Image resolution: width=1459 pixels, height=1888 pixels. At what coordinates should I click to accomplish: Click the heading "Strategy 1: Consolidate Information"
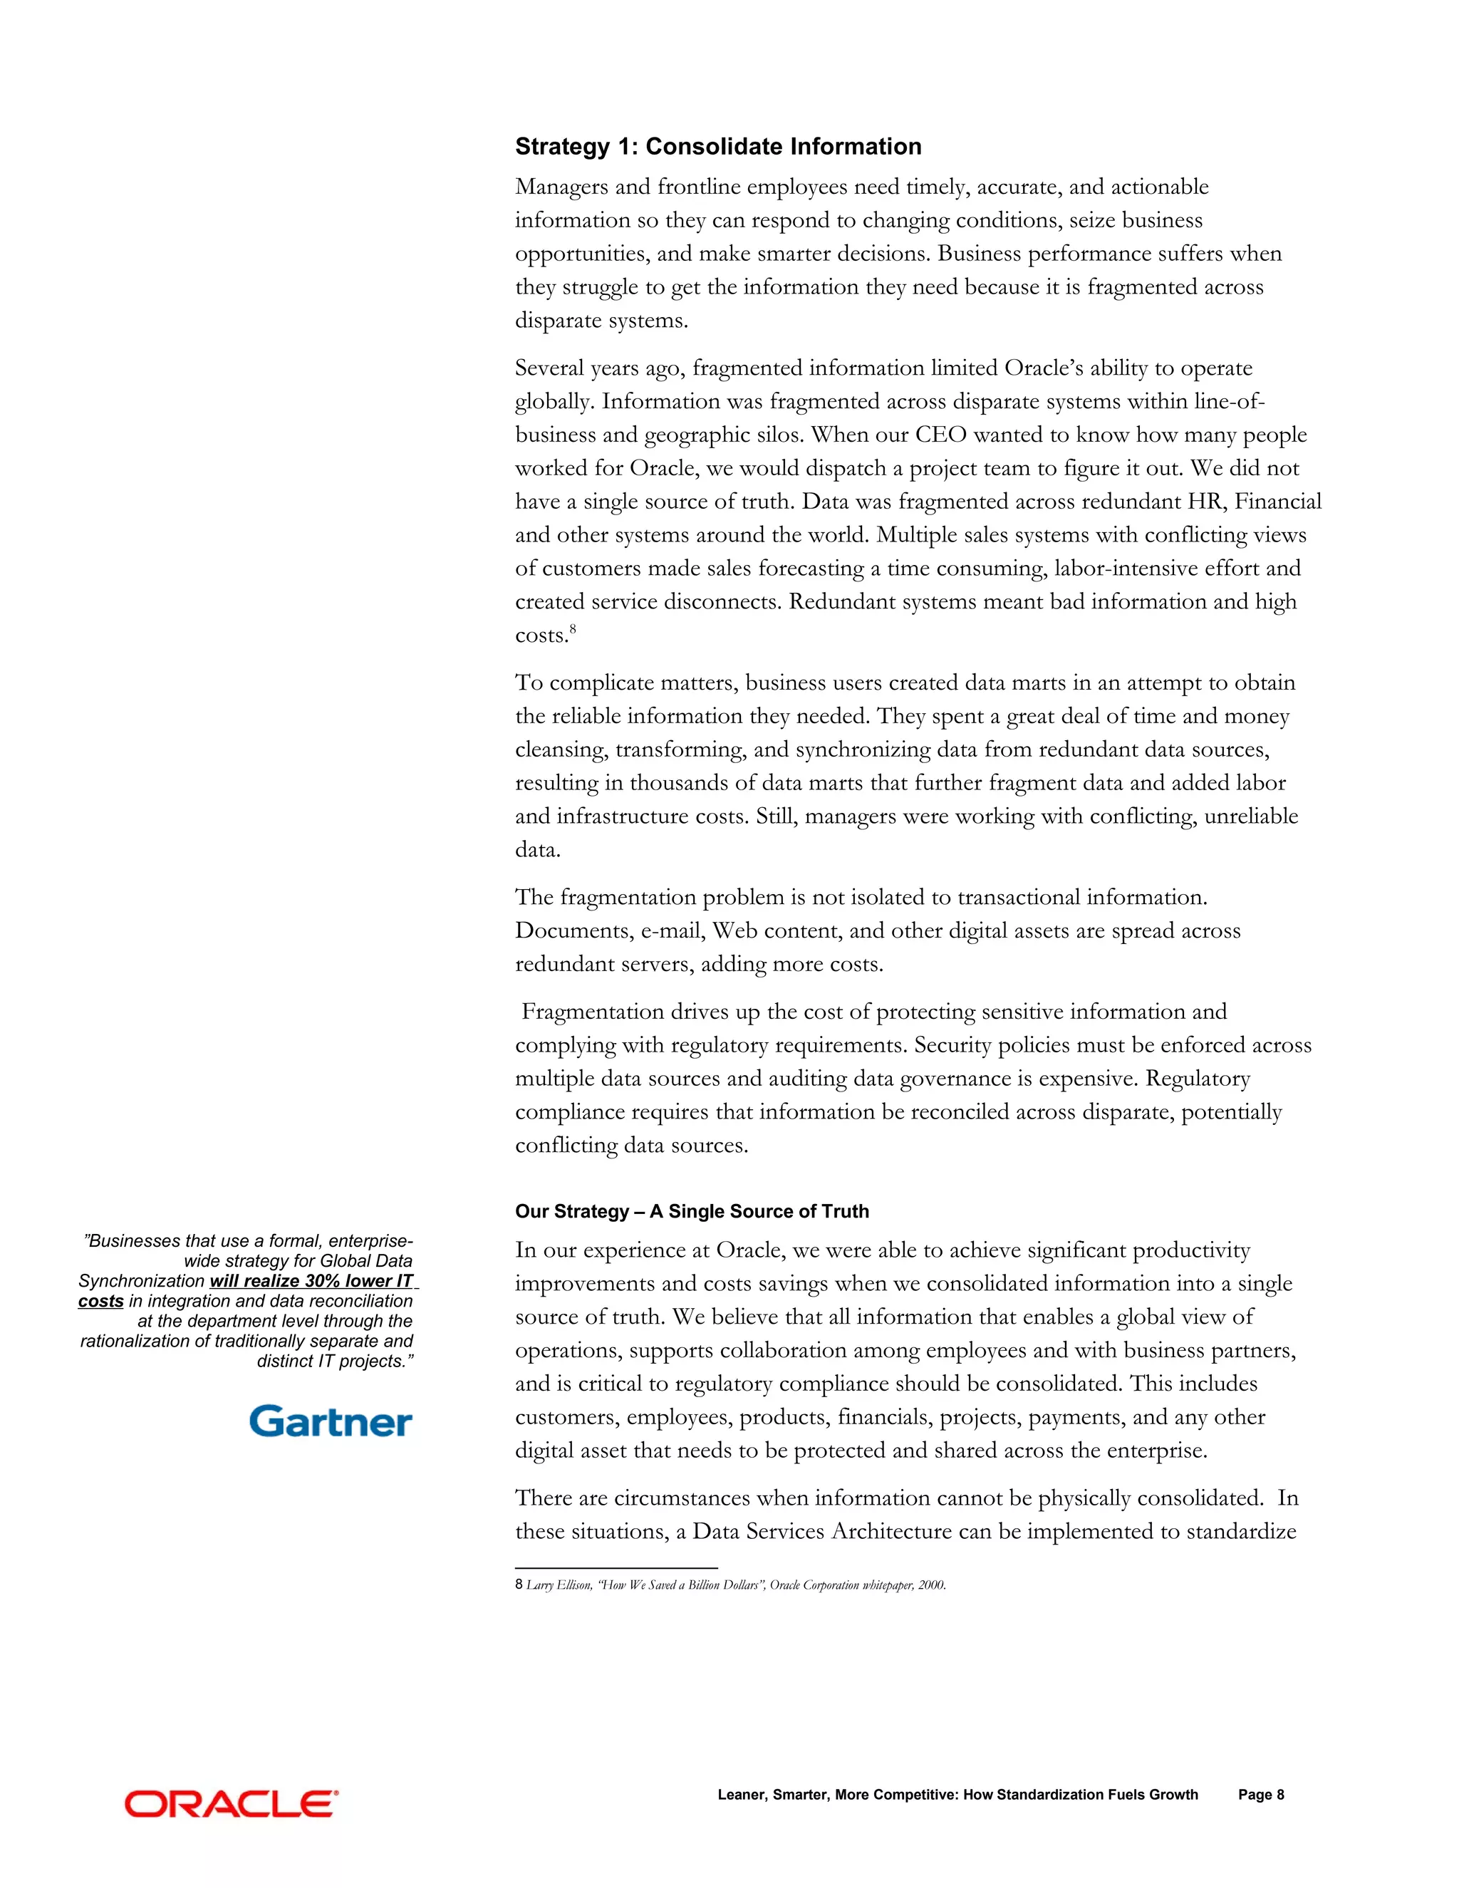717,147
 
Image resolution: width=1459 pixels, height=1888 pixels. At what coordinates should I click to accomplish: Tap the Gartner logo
331,1422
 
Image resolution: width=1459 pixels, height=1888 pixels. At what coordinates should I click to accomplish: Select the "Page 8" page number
1260,1795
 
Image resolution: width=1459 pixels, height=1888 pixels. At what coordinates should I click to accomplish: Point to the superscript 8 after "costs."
572,629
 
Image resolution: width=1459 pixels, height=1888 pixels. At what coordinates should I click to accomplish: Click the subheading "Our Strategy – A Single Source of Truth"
692,1211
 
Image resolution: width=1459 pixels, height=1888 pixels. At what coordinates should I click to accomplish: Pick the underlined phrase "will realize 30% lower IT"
311,1281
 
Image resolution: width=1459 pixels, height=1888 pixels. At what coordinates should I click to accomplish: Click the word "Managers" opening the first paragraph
560,187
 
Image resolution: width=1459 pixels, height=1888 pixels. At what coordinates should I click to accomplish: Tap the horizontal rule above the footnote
616,1567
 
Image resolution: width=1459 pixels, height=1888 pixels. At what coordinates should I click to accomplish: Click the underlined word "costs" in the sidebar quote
100,1301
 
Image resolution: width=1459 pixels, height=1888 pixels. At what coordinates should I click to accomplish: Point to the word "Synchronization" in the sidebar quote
141,1281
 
